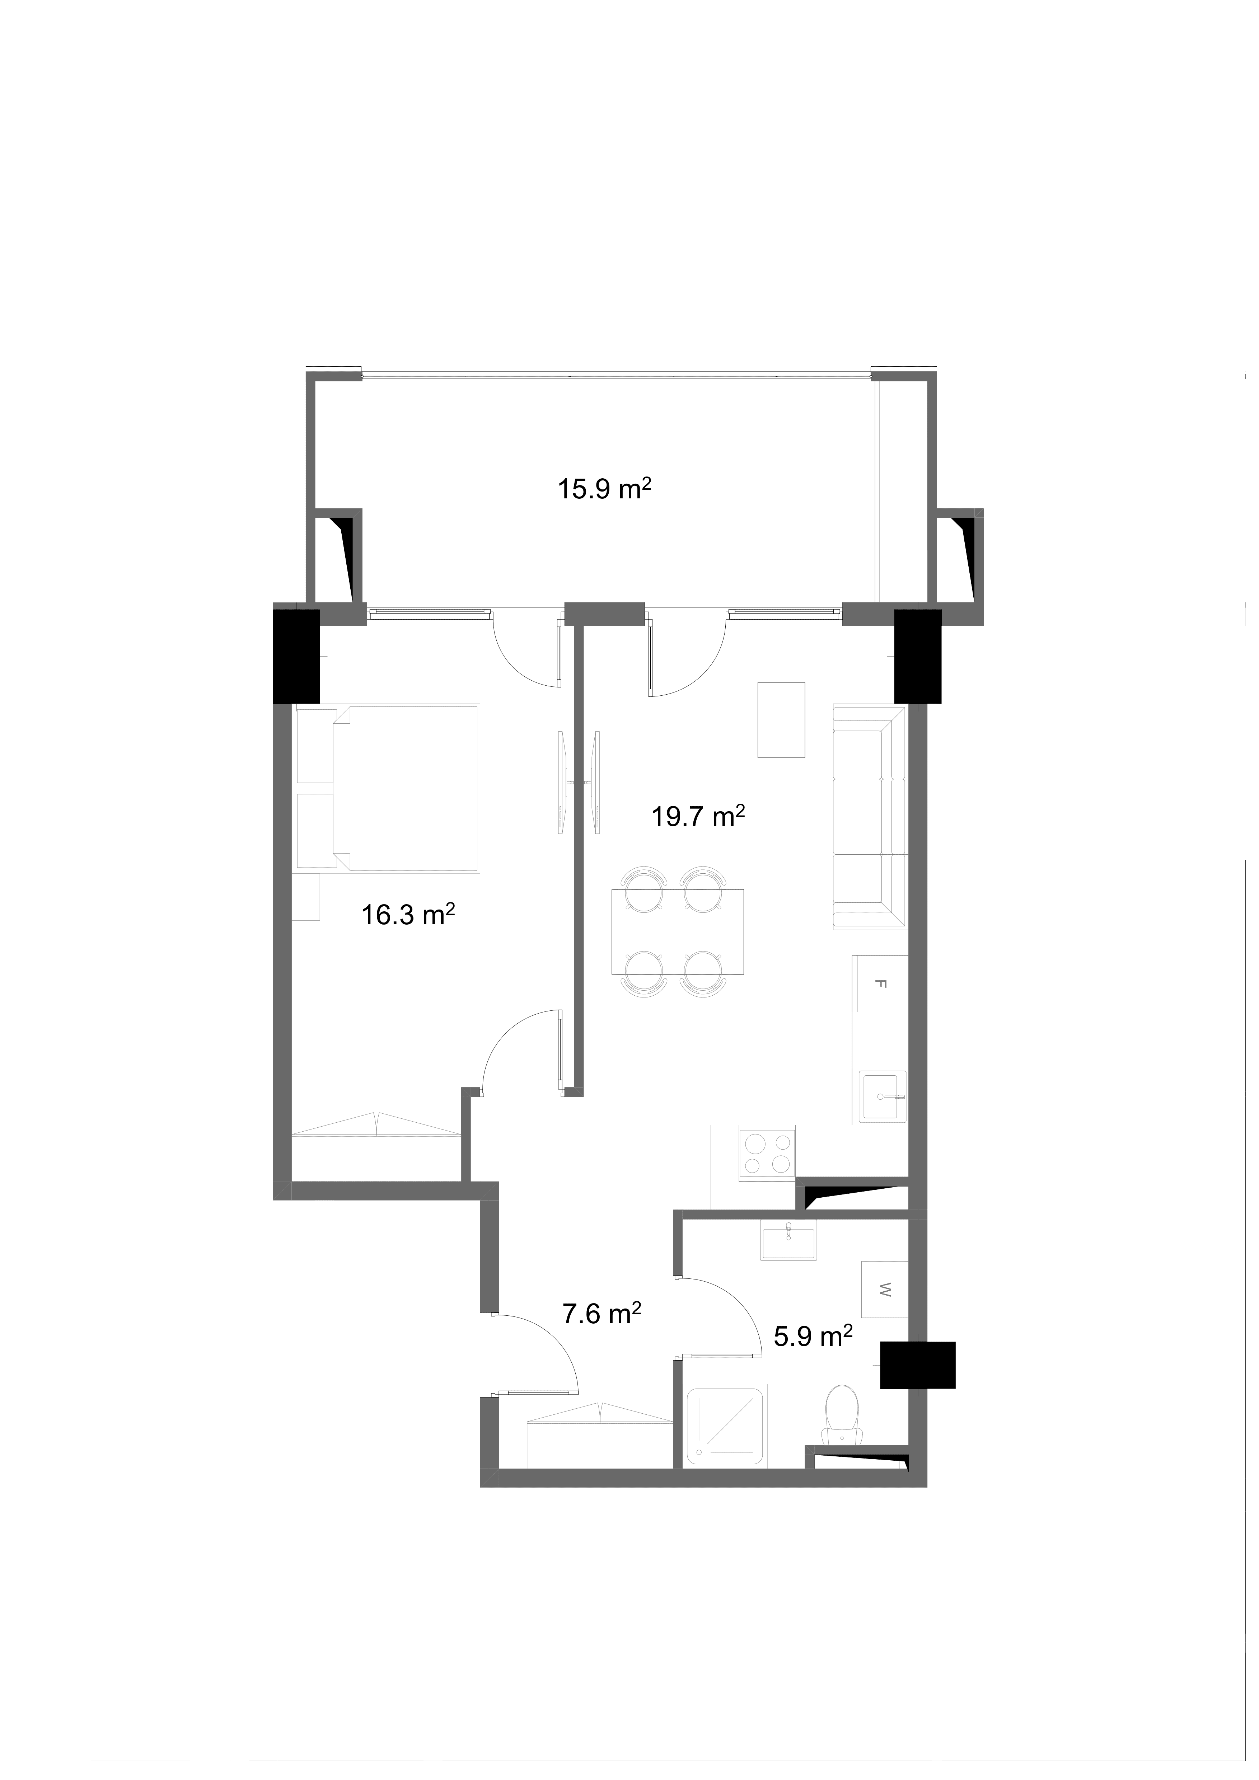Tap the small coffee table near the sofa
point(781,719)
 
